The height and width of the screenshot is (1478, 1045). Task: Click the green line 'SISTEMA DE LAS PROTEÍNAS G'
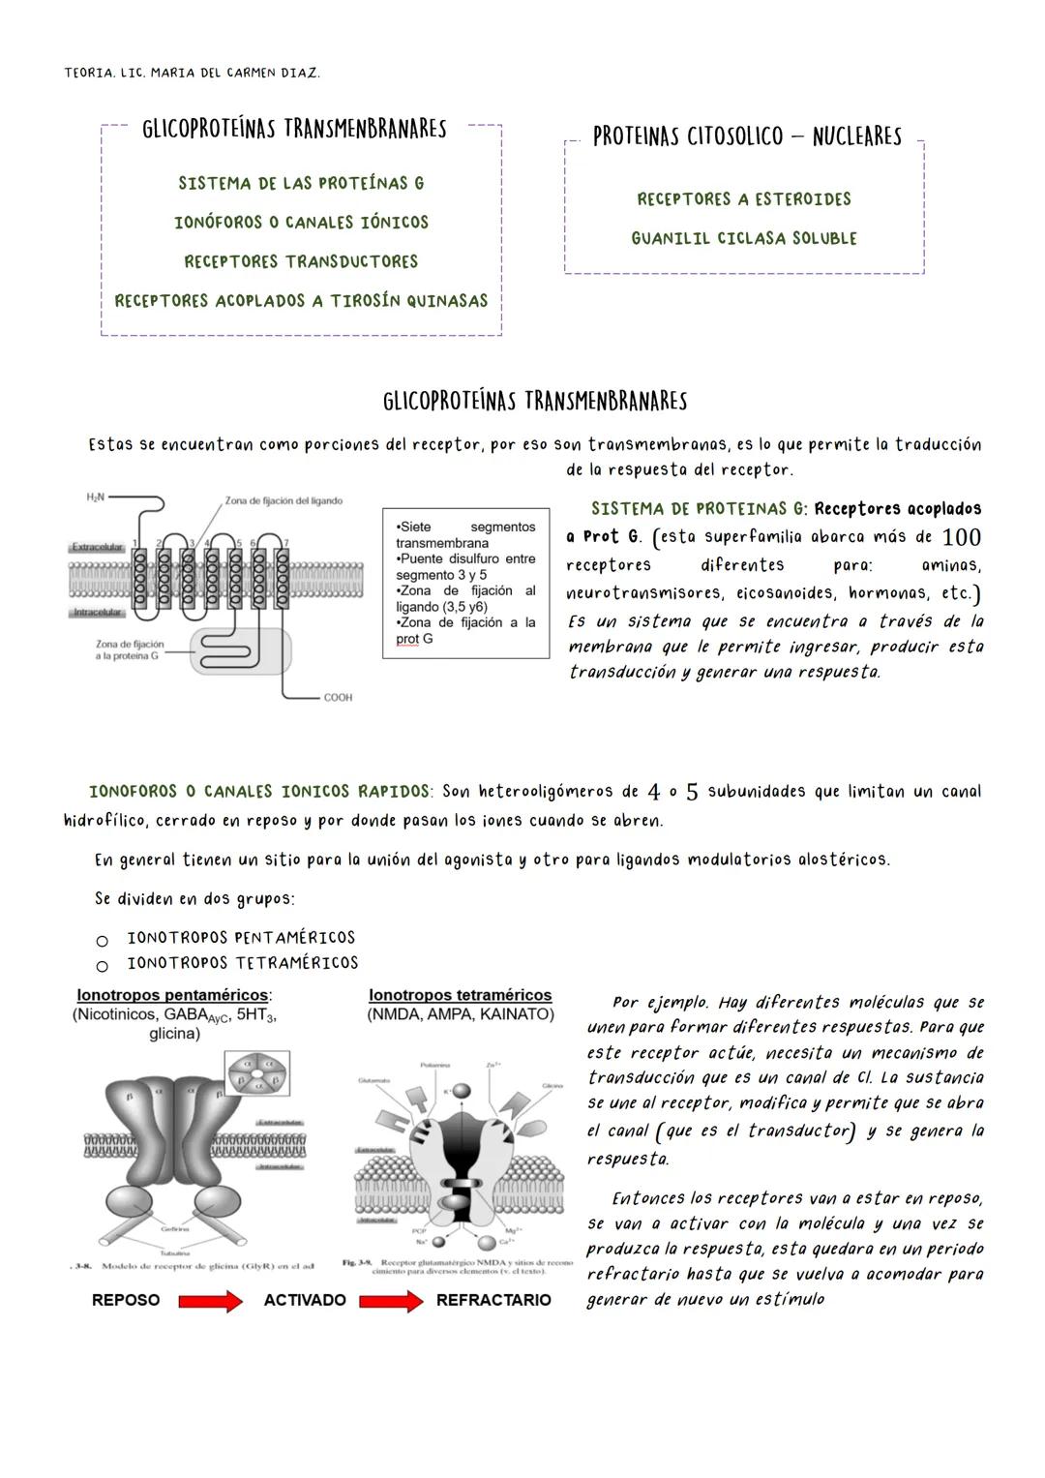click(301, 183)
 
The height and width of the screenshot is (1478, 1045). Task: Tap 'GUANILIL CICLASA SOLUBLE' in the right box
click(744, 238)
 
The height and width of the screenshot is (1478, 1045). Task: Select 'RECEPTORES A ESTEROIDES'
click(744, 199)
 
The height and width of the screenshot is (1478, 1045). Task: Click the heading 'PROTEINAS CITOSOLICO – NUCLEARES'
click(746, 136)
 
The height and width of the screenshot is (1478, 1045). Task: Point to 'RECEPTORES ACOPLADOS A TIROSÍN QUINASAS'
click(301, 301)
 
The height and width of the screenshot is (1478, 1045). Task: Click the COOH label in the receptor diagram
click(338, 697)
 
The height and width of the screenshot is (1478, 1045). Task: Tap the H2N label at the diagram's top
click(95, 498)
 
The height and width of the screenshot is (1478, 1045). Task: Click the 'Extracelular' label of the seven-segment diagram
click(97, 547)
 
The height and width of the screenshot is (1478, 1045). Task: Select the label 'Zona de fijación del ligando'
click(283, 500)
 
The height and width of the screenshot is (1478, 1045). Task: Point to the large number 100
click(961, 537)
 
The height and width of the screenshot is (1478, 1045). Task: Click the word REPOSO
click(126, 1300)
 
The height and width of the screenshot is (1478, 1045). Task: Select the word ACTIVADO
click(305, 1300)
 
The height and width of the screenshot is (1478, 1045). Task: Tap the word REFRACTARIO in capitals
click(493, 1300)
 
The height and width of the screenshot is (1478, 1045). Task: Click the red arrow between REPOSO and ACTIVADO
click(210, 1301)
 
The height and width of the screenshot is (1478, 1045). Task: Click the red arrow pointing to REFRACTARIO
click(391, 1301)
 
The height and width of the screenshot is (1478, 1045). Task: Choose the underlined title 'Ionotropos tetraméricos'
click(461, 995)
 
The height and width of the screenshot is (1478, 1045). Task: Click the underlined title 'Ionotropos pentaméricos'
click(173, 995)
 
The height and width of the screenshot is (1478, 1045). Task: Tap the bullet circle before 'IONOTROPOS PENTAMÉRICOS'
click(101, 940)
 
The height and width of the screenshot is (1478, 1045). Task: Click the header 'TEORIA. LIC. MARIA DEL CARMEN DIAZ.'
click(192, 74)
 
